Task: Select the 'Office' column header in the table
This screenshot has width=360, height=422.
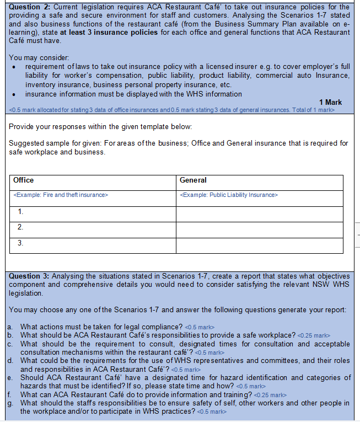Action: pos(23,180)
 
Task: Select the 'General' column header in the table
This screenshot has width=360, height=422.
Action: pos(193,180)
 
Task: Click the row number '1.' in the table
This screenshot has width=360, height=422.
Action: pos(20,211)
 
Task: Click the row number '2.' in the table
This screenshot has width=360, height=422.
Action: pos(20,227)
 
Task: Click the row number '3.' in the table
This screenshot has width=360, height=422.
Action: pos(20,242)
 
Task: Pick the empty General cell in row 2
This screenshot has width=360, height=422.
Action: pos(259,227)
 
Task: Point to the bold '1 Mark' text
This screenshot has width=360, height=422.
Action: pos(330,102)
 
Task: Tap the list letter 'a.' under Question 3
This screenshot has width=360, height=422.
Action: pos(11,327)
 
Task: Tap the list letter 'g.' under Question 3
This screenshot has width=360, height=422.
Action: pos(11,403)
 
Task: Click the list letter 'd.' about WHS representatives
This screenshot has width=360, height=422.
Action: pos(11,361)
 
